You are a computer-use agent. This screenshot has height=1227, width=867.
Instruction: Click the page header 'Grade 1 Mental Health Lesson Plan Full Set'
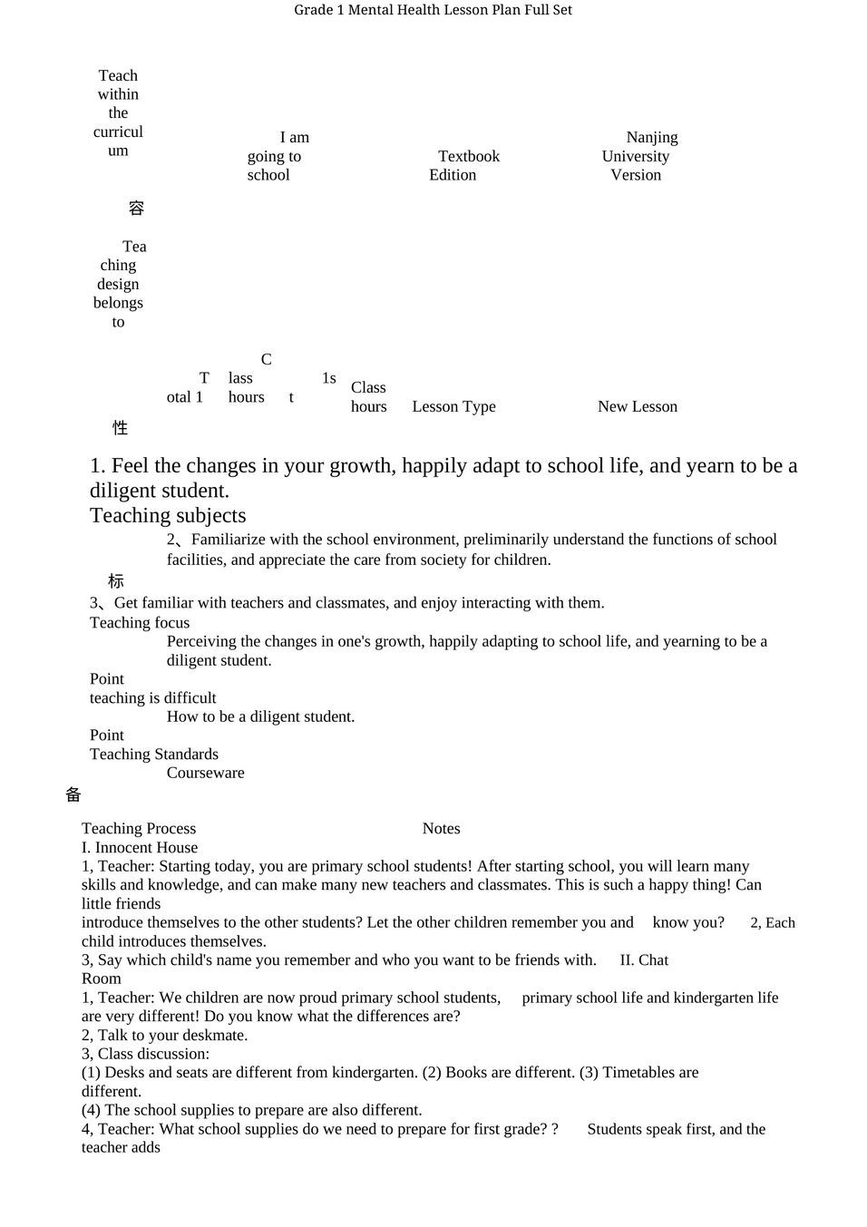coord(433,10)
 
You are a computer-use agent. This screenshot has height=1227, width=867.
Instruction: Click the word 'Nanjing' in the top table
coord(651,138)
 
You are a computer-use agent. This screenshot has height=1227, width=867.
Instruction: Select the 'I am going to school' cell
coord(276,156)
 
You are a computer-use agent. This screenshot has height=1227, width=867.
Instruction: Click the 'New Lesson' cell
coord(637,406)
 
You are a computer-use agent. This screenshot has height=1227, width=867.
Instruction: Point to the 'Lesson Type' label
coord(453,406)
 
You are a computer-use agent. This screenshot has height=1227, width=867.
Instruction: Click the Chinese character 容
coord(136,209)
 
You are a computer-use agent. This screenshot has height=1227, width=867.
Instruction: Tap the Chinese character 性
coord(120,427)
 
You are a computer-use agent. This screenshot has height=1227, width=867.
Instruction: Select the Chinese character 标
coord(116,581)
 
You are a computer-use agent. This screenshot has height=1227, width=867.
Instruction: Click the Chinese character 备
coord(73,794)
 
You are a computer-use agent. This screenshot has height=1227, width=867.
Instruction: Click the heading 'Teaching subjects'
coord(168,515)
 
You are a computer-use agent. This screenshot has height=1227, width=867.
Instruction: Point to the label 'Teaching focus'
coord(140,622)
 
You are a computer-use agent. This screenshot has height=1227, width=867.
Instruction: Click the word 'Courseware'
coord(205,773)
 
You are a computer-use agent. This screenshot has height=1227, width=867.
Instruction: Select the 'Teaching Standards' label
coord(153,754)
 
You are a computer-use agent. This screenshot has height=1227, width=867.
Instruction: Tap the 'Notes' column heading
coord(441,828)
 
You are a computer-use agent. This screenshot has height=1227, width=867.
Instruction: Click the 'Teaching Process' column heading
coord(139,828)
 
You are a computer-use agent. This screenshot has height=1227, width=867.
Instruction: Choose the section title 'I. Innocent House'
coord(140,847)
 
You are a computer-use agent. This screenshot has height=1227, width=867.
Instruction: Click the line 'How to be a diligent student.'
coord(260,716)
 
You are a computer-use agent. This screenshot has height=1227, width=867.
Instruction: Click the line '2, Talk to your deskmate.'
coord(164,1035)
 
